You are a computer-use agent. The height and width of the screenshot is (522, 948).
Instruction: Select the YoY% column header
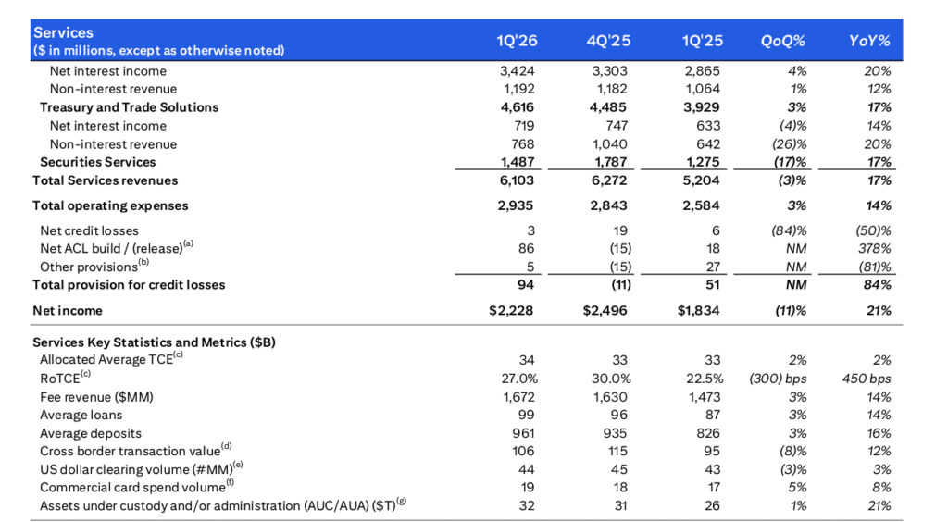[x=869, y=41]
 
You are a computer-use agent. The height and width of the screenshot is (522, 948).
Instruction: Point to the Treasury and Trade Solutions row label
[x=129, y=107]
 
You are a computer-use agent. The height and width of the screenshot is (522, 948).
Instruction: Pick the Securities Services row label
[x=97, y=162]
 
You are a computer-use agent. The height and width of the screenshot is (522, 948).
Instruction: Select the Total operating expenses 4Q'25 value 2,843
[x=608, y=205]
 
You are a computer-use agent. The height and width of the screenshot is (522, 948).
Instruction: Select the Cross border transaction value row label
[x=122, y=451]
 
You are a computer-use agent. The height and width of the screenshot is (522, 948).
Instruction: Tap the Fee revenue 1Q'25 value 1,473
[x=704, y=396]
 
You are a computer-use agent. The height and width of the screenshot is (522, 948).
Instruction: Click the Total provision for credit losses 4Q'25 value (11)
[x=616, y=285]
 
